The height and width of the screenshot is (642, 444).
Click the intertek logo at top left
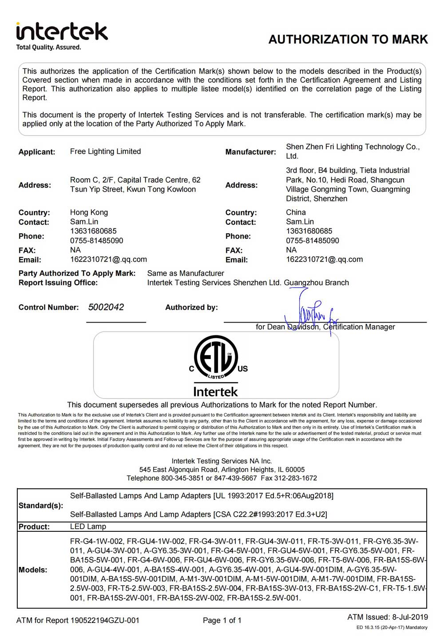[x=62, y=32]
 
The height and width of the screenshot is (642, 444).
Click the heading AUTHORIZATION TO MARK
[x=348, y=40]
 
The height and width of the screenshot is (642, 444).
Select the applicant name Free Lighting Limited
[x=105, y=152]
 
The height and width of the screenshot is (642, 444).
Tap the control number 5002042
[x=106, y=307]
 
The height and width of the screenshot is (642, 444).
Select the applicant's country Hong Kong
[x=89, y=212]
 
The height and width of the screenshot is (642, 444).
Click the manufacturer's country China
[x=296, y=212]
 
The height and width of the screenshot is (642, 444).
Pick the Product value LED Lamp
[x=88, y=526]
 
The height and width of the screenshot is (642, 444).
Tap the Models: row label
[x=33, y=570]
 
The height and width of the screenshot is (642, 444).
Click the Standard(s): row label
[x=41, y=505]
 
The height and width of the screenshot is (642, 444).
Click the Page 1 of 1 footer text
[x=222, y=620]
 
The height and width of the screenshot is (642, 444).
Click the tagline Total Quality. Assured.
[x=49, y=48]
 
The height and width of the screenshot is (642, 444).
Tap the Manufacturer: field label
[x=250, y=152]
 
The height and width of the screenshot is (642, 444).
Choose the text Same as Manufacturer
[x=186, y=273]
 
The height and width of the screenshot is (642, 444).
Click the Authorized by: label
[x=191, y=307]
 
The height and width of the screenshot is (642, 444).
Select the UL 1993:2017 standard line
[x=202, y=496]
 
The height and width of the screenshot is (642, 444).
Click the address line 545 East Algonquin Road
[x=222, y=470]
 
